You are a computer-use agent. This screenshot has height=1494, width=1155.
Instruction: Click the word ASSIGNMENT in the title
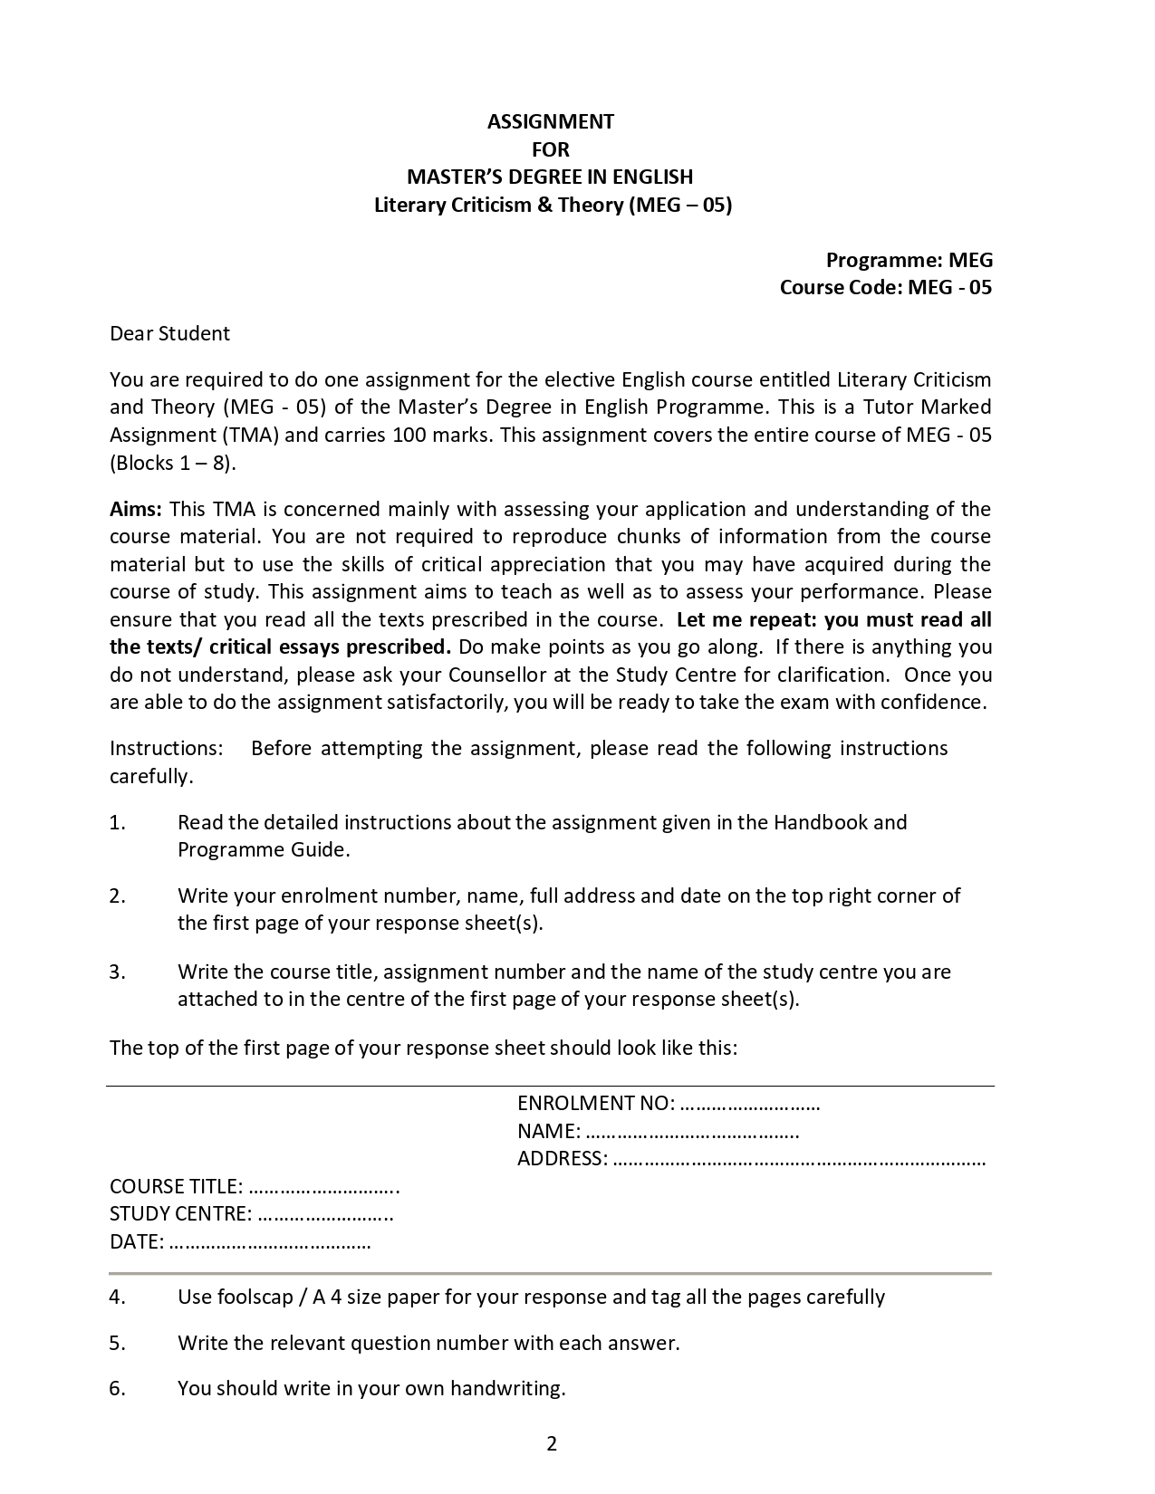point(551,121)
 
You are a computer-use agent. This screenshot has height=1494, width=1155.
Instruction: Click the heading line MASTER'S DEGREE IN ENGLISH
point(550,177)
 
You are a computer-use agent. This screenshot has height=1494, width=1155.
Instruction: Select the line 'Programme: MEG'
point(909,260)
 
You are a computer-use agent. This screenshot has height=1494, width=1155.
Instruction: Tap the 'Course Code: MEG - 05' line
point(885,287)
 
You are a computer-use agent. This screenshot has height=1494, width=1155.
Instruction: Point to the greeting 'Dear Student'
point(169,333)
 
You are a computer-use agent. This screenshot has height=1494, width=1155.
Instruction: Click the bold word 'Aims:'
point(135,509)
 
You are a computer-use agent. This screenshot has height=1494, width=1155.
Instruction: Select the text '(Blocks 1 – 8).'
point(173,463)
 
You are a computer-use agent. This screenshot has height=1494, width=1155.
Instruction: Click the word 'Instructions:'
point(166,748)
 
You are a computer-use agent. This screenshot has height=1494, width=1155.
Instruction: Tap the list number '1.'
point(117,822)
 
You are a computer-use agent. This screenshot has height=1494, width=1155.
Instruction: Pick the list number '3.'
point(117,972)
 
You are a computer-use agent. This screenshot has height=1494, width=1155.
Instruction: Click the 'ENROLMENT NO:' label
point(595,1103)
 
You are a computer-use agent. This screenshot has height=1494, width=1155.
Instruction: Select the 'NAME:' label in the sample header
point(549,1131)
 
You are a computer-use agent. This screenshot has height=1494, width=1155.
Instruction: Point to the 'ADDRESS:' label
point(562,1158)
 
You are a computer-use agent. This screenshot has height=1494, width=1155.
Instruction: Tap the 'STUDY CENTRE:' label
point(180,1213)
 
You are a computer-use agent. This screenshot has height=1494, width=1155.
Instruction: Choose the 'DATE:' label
point(137,1241)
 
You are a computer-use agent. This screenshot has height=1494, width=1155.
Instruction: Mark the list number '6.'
point(117,1388)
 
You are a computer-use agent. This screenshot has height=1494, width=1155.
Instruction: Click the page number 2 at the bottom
point(552,1443)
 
